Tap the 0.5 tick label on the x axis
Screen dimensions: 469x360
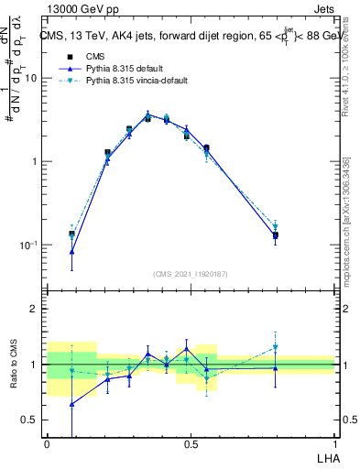191,442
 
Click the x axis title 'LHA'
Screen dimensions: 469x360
327,458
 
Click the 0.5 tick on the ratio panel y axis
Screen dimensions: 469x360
31,420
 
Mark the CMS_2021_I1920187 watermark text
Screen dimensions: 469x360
191,274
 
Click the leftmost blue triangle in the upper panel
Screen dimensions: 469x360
72,251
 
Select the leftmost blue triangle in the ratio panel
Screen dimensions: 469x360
72,404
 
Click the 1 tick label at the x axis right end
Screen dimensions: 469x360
334,442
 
